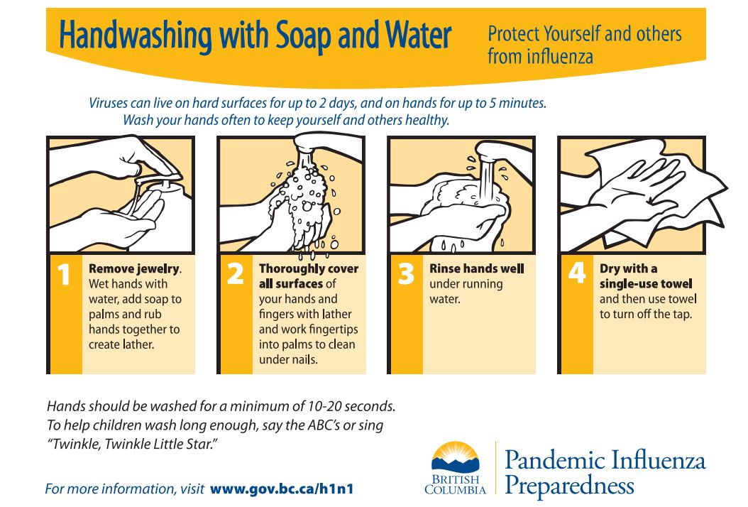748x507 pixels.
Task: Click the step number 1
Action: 63,274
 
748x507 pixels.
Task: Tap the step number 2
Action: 235,274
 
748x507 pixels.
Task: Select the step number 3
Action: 406,274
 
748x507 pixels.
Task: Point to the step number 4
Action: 577,273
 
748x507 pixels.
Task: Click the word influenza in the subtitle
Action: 560,57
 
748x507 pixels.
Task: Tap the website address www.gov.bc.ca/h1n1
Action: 282,489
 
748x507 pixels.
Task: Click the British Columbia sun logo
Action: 455,457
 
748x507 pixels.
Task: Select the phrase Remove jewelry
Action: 135,269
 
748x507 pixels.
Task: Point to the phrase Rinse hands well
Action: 477,269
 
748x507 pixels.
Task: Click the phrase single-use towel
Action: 645,284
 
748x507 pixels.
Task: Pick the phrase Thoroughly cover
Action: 309,269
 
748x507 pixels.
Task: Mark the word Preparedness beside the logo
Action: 569,486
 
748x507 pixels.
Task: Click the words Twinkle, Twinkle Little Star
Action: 133,444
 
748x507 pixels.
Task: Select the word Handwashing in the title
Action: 136,36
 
